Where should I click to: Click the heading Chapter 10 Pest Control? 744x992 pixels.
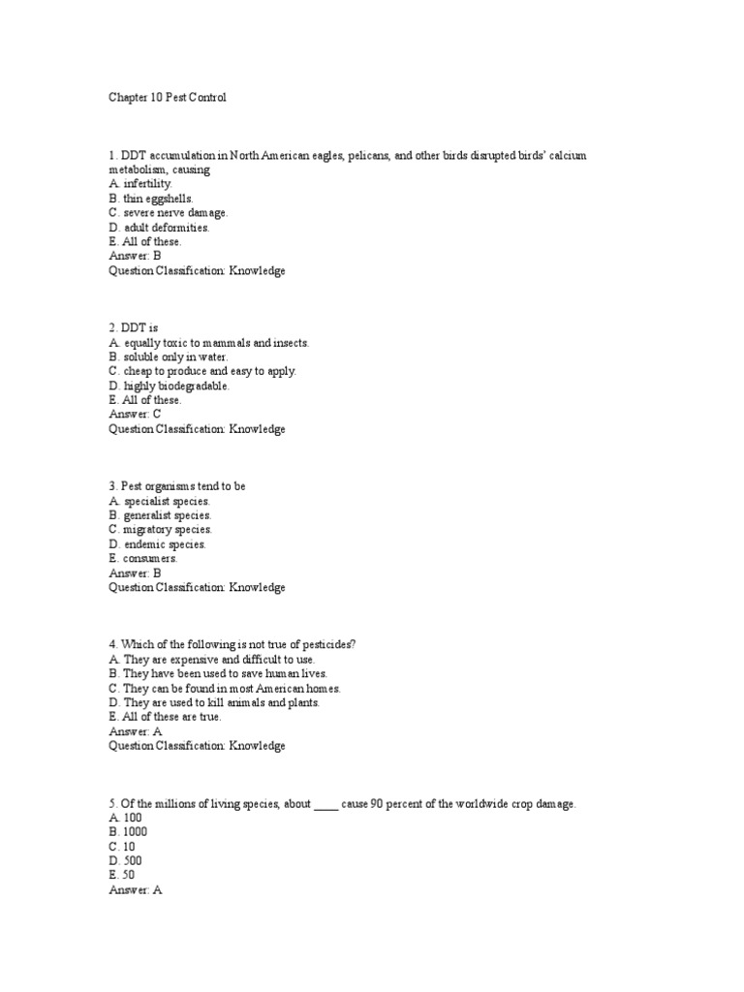click(x=168, y=98)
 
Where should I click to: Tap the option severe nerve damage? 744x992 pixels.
click(x=168, y=212)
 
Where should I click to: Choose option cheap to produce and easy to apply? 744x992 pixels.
click(x=202, y=371)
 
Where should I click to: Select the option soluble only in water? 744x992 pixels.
click(x=169, y=356)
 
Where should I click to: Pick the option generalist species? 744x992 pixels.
click(x=160, y=515)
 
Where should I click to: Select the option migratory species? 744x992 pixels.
click(x=160, y=530)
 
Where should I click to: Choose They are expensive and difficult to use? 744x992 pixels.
click(x=211, y=659)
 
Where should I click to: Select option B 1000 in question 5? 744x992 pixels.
click(x=128, y=831)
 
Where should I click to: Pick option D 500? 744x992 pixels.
click(x=125, y=860)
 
